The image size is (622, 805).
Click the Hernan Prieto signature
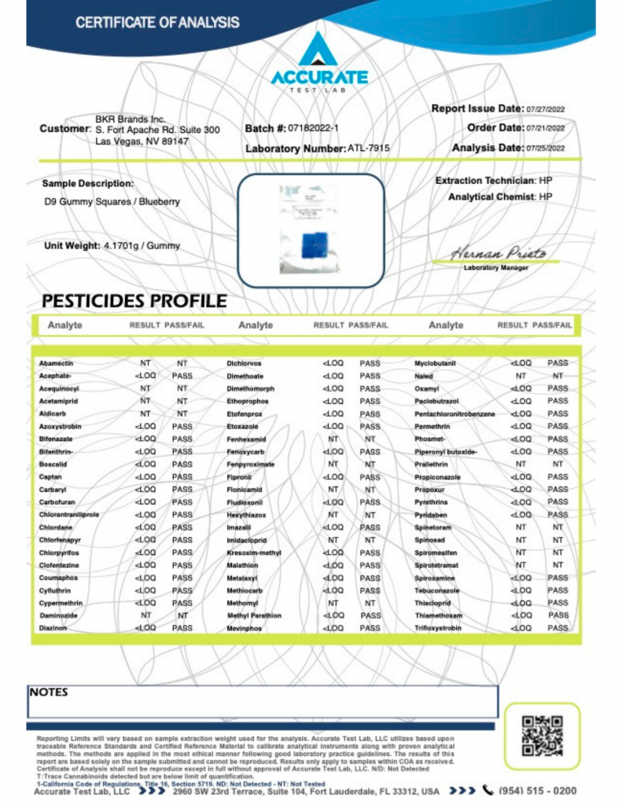tap(497, 253)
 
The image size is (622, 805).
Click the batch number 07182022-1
tap(314, 127)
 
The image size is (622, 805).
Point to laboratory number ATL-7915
tap(368, 148)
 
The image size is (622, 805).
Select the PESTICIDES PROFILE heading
tap(134, 301)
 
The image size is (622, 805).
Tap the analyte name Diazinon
tap(53, 628)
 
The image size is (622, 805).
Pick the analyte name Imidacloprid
tap(248, 540)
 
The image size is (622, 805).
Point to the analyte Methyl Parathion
tap(254, 615)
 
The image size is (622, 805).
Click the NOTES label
tap(49, 693)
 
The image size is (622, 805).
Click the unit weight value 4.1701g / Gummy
tap(142, 245)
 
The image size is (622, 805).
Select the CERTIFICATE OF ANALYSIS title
tap(157, 22)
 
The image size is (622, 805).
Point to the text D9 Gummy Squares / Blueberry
tap(112, 202)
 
